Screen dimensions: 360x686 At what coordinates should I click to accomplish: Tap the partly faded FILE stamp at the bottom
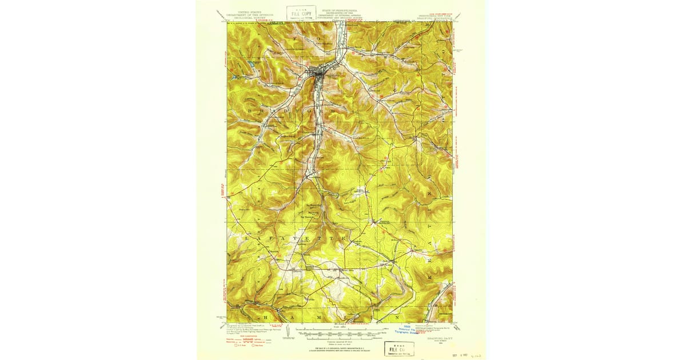(x=399, y=349)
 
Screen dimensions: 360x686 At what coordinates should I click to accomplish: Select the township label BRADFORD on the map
(x=283, y=107)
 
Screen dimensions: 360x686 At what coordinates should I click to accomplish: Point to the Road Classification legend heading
(x=243, y=334)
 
